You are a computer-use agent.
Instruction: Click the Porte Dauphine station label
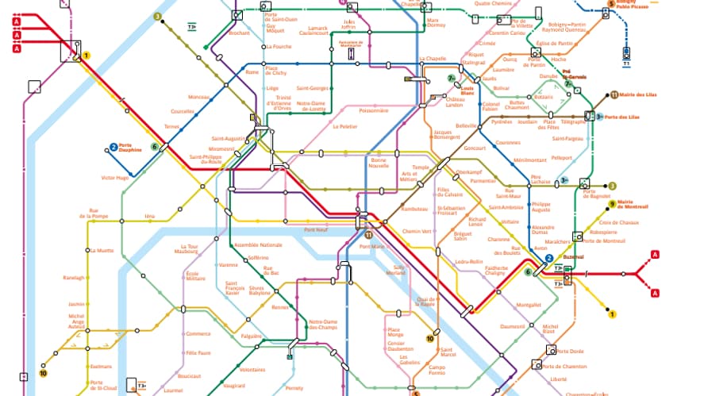130,147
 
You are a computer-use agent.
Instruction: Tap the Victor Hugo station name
115,177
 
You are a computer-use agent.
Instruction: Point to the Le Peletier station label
345,126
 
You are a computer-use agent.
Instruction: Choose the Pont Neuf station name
315,229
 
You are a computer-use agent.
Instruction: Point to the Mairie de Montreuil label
632,204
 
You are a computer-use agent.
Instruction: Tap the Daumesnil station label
513,326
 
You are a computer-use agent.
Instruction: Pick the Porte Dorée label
570,351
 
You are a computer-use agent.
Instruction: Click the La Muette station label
103,250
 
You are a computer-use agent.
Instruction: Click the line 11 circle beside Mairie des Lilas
614,94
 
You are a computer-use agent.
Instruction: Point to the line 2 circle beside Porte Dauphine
113,147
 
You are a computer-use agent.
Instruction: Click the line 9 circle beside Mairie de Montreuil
611,204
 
